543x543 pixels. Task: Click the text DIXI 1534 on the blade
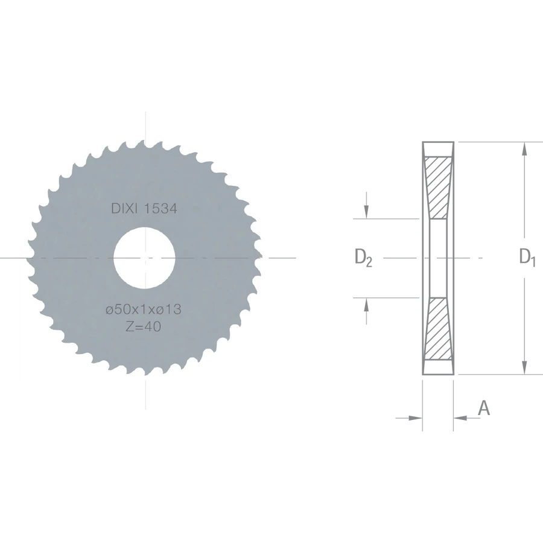[x=144, y=209]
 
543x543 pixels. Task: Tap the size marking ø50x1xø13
[x=144, y=310]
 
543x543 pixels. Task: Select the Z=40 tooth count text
[x=144, y=326]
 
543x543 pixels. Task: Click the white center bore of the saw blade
[x=144, y=258]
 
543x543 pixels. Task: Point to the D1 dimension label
[x=527, y=257]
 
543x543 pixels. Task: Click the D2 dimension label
[x=363, y=258]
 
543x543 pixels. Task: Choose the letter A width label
[x=484, y=408]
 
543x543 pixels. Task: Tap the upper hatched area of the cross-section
[x=438, y=188]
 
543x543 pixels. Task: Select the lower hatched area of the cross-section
[x=438, y=328]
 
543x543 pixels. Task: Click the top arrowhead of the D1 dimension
[x=525, y=149]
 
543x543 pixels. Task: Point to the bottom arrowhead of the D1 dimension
[x=525, y=367]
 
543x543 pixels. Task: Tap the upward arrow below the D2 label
[x=366, y=311]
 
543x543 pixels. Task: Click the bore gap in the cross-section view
[x=438, y=258]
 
